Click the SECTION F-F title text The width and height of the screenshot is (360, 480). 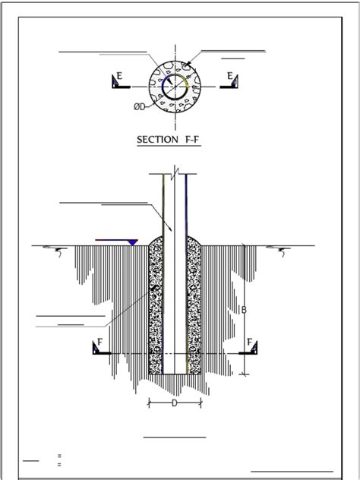(168, 140)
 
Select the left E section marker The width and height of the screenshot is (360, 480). (119, 81)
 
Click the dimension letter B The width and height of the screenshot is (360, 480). (245, 309)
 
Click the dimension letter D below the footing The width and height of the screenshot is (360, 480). (174, 403)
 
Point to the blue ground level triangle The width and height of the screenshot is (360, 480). (132, 242)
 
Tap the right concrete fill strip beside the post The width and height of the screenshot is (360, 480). (194, 304)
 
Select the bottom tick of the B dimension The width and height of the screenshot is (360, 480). (244, 373)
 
